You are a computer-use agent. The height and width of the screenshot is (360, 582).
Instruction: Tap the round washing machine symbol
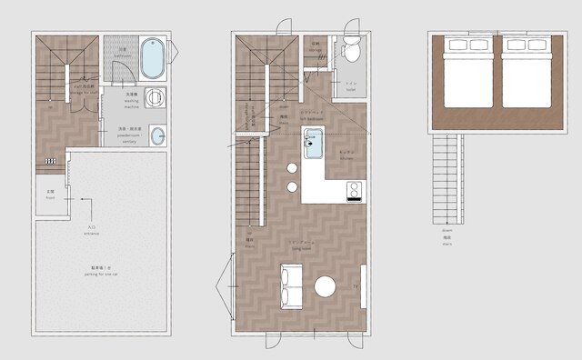156,98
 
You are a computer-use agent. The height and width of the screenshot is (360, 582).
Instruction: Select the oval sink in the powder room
158,136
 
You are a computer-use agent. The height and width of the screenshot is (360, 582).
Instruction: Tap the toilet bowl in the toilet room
351,53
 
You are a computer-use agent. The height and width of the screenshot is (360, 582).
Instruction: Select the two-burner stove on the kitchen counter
352,190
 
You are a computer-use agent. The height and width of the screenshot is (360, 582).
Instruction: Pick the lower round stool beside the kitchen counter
293,187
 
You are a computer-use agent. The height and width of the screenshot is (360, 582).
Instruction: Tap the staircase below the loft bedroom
449,180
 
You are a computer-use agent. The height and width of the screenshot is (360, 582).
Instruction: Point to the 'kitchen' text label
346,156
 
